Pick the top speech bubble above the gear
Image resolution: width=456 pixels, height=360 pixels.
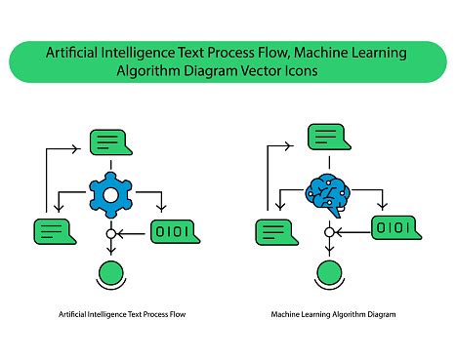pos(110,142)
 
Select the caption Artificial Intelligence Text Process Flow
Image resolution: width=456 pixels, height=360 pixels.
pos(123,315)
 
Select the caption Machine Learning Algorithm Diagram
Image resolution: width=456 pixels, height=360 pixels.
pos(334,315)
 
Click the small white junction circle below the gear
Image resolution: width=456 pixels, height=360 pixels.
pos(111,234)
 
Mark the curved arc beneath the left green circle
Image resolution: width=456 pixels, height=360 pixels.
pos(111,289)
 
